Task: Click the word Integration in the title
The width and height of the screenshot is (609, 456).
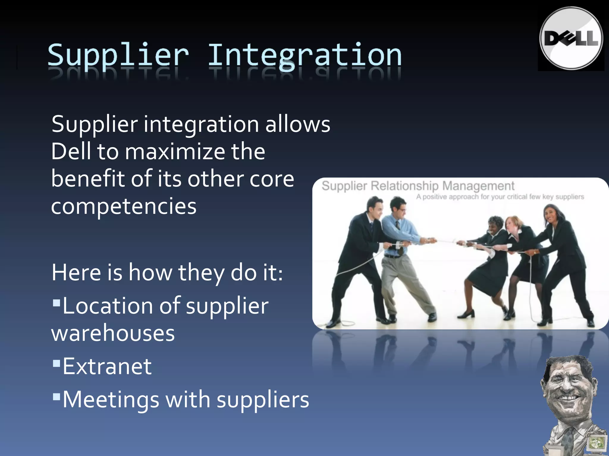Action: pyautogui.click(x=304, y=56)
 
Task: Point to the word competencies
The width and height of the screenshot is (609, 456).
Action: pyautogui.click(x=124, y=206)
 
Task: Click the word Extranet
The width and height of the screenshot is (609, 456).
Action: pyautogui.click(x=107, y=366)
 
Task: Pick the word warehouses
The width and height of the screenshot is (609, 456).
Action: pyautogui.click(x=113, y=333)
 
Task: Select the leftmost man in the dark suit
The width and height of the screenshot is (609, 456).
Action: pyautogui.click(x=363, y=252)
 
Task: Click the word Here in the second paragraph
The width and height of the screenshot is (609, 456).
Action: pyautogui.click(x=76, y=273)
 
